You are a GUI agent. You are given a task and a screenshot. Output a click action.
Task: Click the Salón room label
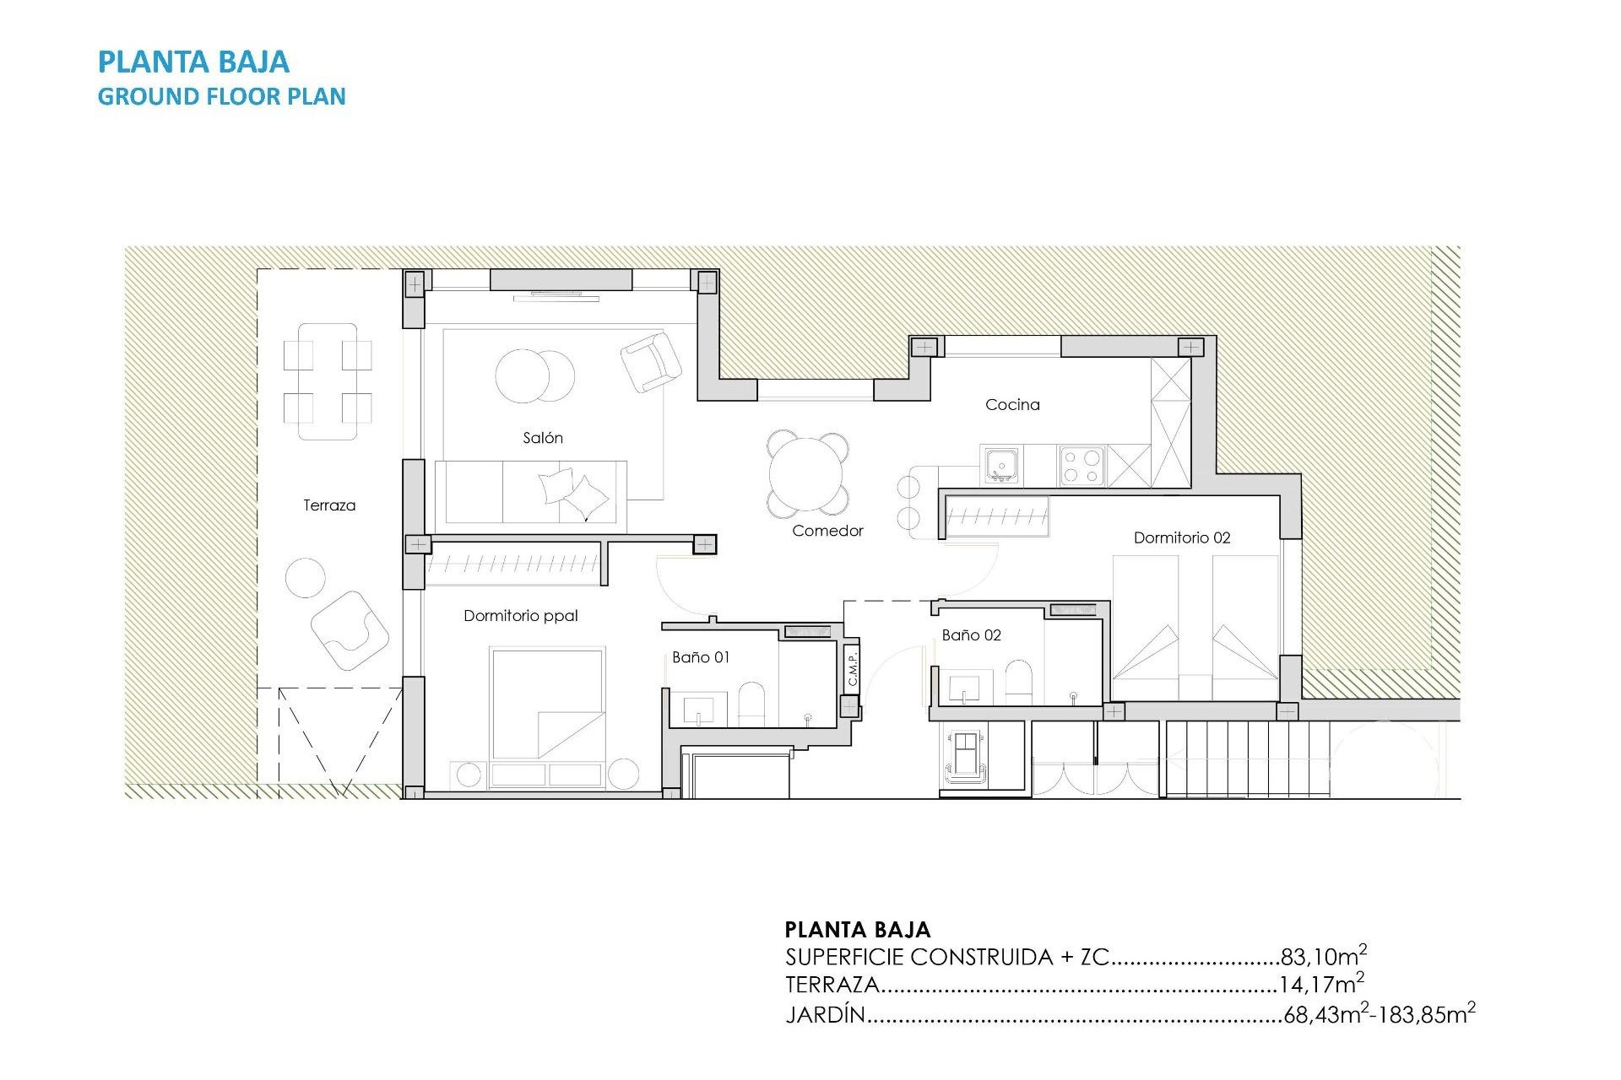pos(542,438)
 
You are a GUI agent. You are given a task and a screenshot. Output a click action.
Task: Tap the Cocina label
pos(1012,405)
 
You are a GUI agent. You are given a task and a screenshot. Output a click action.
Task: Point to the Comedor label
pos(827,531)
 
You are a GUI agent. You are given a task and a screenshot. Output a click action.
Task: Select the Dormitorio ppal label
pos(520,616)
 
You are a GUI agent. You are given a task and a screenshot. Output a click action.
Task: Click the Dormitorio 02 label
pos(1181,537)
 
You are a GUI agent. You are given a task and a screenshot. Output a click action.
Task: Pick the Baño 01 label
pos(701,657)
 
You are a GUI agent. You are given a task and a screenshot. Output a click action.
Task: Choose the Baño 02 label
pos(971,635)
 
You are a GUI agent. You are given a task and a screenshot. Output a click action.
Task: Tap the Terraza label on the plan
pos(329,505)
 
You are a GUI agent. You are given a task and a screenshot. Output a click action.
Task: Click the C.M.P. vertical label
pos(853,667)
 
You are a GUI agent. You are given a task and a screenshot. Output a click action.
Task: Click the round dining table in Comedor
pos(808,474)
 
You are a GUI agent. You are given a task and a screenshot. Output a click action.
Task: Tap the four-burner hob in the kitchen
pos(1082,466)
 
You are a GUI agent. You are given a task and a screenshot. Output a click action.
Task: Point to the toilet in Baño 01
pos(751,704)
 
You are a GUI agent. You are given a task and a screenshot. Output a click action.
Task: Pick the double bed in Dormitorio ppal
pos(547,704)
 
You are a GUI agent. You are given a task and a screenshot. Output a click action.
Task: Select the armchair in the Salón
pos(650,361)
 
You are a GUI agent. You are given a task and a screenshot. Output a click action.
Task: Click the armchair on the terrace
pos(350,630)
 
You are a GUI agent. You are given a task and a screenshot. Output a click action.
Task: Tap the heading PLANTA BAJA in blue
pos(193,62)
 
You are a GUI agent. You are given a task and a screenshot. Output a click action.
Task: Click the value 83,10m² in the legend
pos(1323,956)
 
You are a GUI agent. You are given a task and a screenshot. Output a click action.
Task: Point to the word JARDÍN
pos(825,1014)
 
